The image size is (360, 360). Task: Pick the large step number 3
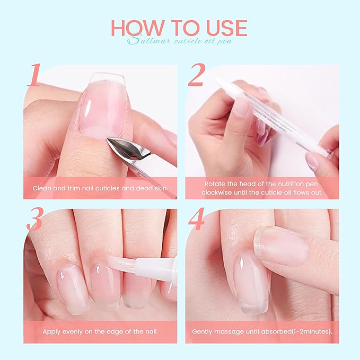point(34,219)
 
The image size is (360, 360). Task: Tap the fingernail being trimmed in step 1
point(101,103)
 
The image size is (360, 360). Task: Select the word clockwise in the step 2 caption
point(218,192)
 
